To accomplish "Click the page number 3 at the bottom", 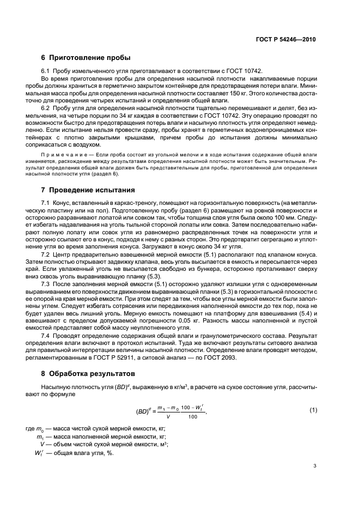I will coord(314,466).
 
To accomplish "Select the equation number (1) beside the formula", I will coord(313,409).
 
